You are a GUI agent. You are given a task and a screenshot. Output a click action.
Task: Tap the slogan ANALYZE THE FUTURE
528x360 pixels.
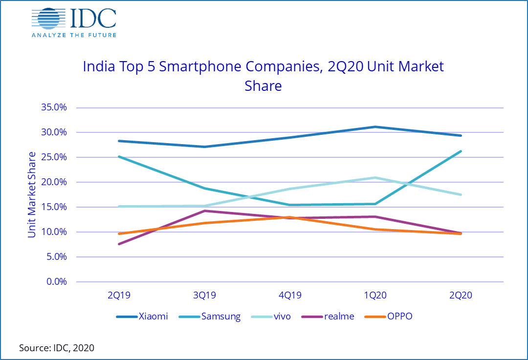(74, 35)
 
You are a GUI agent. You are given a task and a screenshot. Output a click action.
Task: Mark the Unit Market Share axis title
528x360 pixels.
(32, 195)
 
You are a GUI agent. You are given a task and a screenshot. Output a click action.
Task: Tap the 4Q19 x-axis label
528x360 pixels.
(289, 296)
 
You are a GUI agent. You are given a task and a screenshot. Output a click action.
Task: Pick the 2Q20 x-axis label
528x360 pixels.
(461, 296)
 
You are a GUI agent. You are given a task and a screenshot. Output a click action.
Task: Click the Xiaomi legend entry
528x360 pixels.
(142, 317)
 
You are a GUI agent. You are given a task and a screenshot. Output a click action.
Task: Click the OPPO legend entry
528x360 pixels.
(389, 317)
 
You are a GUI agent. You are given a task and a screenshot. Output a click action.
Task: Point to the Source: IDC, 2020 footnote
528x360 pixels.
(57, 348)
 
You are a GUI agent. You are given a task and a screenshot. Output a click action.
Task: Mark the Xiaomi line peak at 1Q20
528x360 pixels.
(375, 127)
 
